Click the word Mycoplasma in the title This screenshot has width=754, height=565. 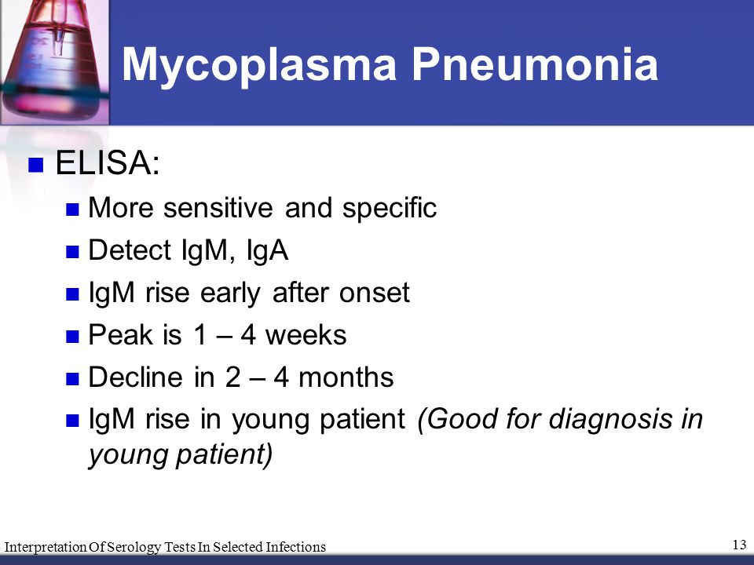pos(259,65)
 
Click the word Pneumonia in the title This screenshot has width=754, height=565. pos(535,64)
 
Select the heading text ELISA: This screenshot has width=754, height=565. pos(108,162)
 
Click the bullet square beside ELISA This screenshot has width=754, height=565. pos(36,164)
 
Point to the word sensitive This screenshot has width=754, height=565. pos(218,207)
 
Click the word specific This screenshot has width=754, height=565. pos(390,209)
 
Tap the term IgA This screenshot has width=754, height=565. pos(267,251)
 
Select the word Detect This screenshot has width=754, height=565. pos(130,250)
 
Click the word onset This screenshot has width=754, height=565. pos(375,293)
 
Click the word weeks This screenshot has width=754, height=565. pos(306,334)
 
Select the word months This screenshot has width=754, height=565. pos(346,377)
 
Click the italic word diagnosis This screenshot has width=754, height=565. pos(610,419)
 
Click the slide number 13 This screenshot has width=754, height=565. pos(740,545)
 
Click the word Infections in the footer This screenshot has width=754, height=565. pos(296,547)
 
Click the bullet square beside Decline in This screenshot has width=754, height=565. pos(72,379)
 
